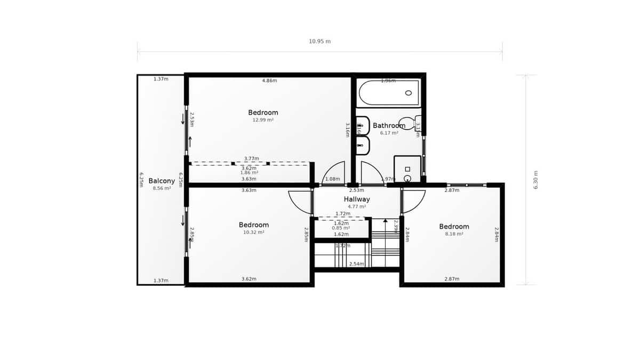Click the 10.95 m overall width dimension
click(319, 41)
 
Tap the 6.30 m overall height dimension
click(536, 180)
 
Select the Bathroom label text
click(389, 126)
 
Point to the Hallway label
click(357, 199)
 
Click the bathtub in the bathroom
click(389, 93)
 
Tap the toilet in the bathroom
click(408, 123)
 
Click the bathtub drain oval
click(409, 93)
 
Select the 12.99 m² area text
click(263, 120)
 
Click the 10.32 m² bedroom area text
click(254, 233)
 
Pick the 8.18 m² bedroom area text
click(454, 234)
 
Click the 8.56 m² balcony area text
click(162, 188)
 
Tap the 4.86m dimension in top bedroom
click(269, 81)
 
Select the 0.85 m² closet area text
click(341, 228)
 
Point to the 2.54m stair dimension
click(356, 264)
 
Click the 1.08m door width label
click(332, 179)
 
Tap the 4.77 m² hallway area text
click(357, 206)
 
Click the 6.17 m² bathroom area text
click(389, 133)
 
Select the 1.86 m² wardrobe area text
click(249, 173)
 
